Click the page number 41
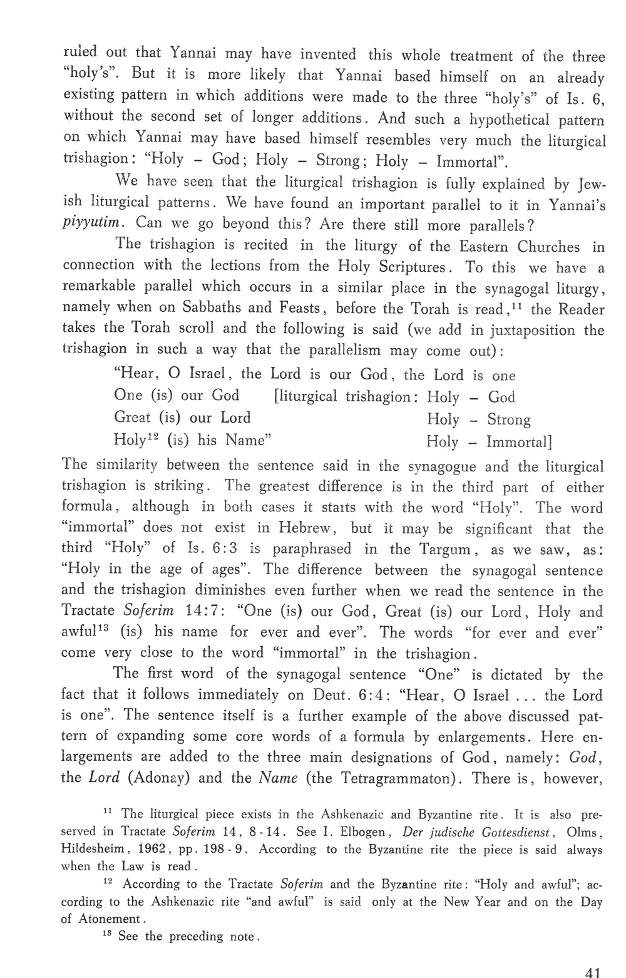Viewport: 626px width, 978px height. click(x=592, y=971)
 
